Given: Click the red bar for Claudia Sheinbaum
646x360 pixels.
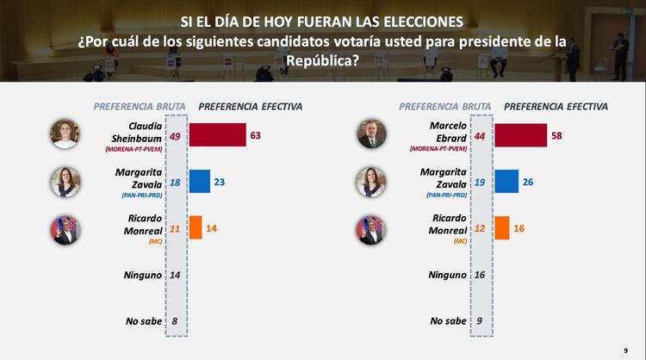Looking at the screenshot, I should click(217, 135).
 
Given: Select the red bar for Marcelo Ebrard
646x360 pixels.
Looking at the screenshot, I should click(520, 135).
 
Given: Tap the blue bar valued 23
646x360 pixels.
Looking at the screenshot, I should click(200, 181).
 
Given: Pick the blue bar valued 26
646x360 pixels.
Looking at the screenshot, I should click(506, 181).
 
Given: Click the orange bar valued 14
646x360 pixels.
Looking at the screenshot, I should click(195, 227).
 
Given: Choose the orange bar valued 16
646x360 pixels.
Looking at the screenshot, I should click(501, 227).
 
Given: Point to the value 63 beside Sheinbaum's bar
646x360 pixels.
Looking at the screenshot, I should click(255, 135).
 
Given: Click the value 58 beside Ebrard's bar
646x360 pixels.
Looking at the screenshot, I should click(558, 135).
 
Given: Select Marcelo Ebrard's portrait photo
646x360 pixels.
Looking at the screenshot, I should click(370, 135).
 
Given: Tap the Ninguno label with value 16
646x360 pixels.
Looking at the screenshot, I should click(447, 275).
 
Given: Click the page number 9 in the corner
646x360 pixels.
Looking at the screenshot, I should click(625, 351).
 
